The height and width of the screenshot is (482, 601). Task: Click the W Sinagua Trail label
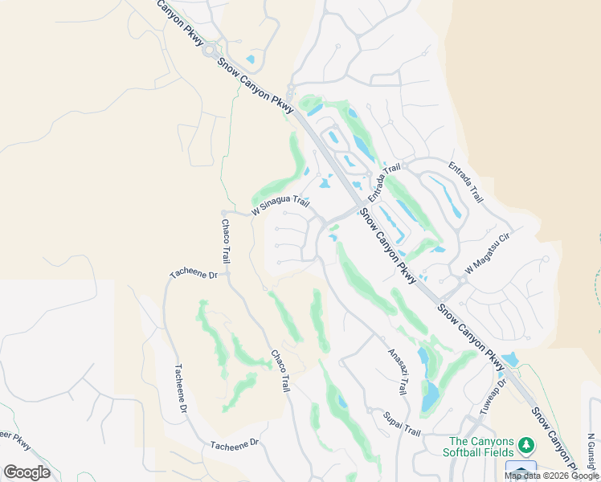(x=280, y=206)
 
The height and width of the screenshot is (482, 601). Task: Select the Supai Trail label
(x=401, y=423)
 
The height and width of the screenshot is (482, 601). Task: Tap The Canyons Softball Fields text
(x=480, y=447)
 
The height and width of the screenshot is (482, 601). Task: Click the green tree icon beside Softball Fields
(x=526, y=444)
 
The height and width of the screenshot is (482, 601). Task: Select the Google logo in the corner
(x=27, y=472)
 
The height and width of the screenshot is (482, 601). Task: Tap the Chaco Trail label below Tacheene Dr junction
(x=279, y=370)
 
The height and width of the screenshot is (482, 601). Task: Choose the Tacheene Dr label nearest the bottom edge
(x=235, y=443)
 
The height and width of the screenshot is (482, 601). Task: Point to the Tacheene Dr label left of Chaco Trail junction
(x=194, y=275)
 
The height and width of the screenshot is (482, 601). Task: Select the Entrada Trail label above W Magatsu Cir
(x=467, y=183)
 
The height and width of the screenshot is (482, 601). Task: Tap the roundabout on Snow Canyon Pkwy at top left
(x=209, y=51)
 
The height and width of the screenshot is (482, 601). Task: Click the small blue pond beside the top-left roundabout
(x=251, y=59)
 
